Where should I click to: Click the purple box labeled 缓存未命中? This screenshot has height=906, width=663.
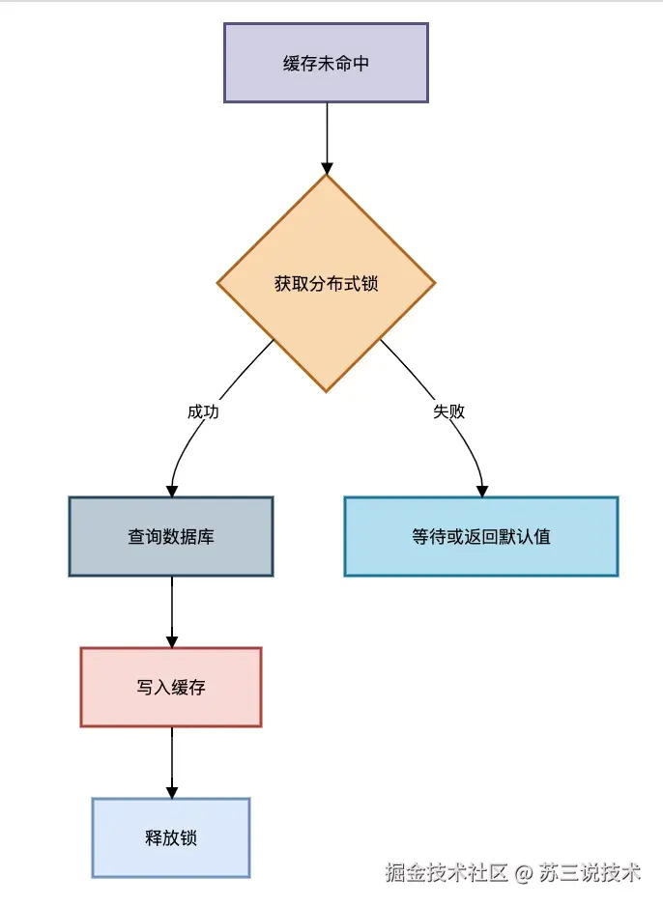pyautogui.click(x=326, y=63)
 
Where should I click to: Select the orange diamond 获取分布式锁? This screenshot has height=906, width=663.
pyautogui.click(x=326, y=283)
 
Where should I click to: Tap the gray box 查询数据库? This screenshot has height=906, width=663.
pyautogui.click(x=171, y=536)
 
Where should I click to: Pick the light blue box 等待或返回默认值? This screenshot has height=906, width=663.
pyautogui.click(x=480, y=536)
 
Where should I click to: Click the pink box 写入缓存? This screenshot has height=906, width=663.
pyautogui.click(x=171, y=687)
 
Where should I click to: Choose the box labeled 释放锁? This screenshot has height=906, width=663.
pyautogui.click(x=171, y=837)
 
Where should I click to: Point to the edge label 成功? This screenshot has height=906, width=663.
pyautogui.click(x=203, y=411)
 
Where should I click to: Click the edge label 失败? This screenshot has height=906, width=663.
pyautogui.click(x=448, y=411)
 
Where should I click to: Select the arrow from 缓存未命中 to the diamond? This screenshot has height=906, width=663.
pyautogui.click(x=326, y=135)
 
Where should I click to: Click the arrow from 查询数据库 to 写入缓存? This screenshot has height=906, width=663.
pyautogui.click(x=171, y=609)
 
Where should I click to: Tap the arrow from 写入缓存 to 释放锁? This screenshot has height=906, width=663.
pyautogui.click(x=171, y=759)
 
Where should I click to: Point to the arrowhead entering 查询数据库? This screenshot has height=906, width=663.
pyautogui.click(x=171, y=490)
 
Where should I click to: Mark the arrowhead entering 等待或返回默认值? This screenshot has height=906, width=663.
pyautogui.click(x=482, y=490)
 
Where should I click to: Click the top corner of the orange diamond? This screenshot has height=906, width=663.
pyautogui.click(x=326, y=176)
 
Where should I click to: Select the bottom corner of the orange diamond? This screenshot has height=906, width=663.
pyautogui.click(x=326, y=390)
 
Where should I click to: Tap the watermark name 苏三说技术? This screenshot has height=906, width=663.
pyautogui.click(x=590, y=873)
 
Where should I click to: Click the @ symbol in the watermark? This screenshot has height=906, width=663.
pyautogui.click(x=524, y=873)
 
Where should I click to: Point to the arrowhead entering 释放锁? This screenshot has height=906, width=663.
pyautogui.click(x=171, y=791)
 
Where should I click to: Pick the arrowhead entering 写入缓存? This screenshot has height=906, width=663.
pyautogui.click(x=171, y=640)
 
